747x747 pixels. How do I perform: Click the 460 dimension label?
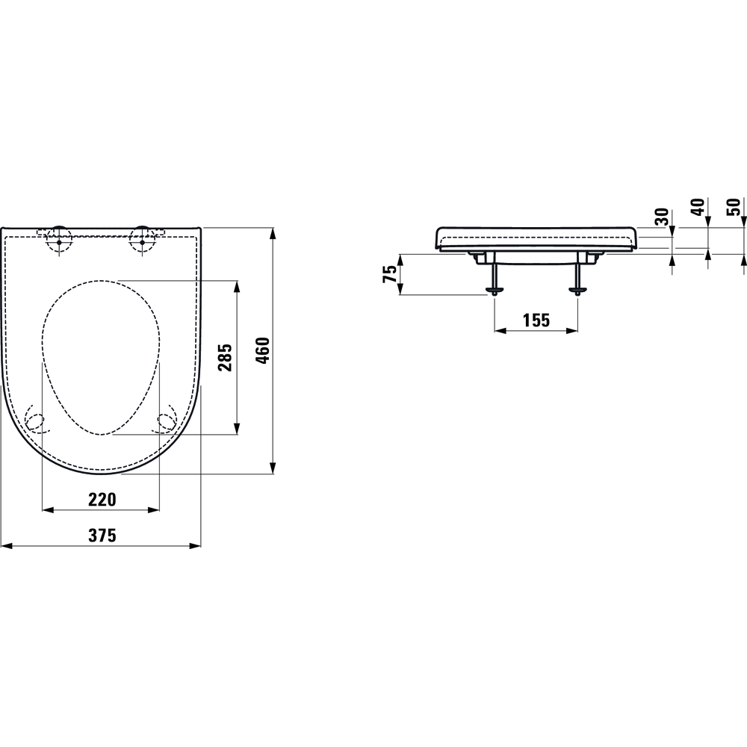[263, 350]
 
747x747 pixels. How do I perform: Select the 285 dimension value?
[226, 356]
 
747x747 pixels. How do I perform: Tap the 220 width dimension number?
[102, 499]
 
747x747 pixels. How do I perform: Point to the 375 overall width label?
[102, 536]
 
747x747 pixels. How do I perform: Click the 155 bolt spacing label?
[536, 320]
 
